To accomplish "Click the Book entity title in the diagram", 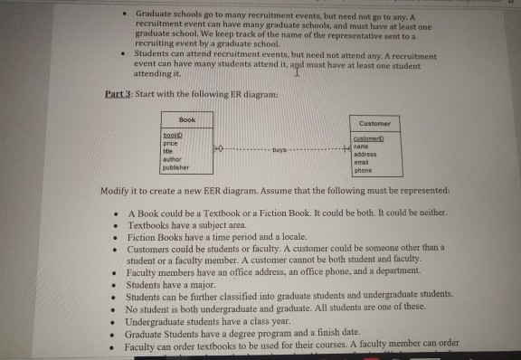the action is tap(186, 118).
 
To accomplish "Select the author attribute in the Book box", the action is tap(172, 160).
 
